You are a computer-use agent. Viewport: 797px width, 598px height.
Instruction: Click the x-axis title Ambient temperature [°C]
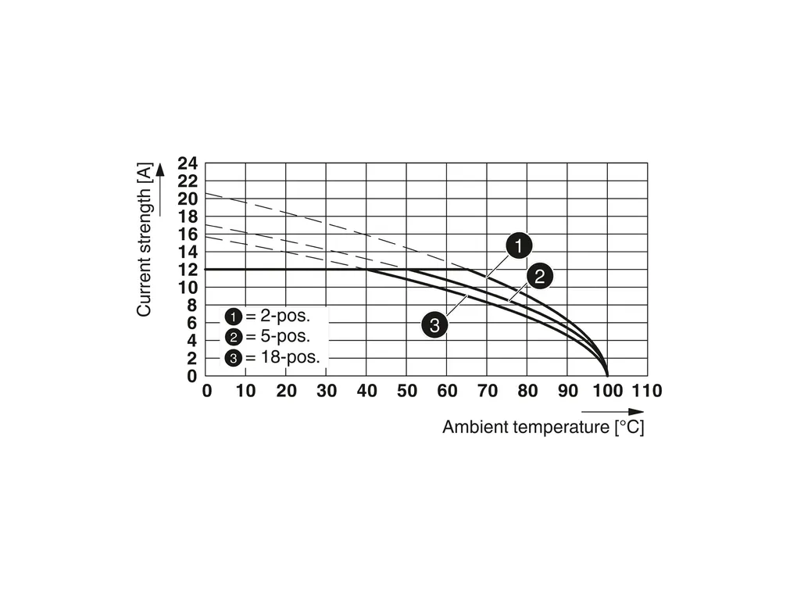[x=543, y=428]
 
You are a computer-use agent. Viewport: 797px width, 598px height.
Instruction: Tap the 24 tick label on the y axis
[x=188, y=163]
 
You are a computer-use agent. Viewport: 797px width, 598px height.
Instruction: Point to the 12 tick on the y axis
[x=188, y=270]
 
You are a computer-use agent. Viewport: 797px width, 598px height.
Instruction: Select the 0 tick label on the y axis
[x=192, y=376]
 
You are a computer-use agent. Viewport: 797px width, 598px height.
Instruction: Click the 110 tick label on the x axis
[x=646, y=391]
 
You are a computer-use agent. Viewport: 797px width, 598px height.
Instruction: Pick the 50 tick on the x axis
[x=406, y=391]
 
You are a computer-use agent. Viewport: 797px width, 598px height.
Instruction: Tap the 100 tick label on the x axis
[x=607, y=391]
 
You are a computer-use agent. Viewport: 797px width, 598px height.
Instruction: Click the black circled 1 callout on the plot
[x=517, y=246]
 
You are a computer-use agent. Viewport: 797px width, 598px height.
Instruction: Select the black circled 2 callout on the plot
[x=539, y=276]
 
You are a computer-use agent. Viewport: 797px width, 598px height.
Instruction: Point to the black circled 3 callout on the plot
[x=434, y=324]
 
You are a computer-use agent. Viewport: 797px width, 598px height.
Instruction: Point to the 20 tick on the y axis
[x=188, y=199]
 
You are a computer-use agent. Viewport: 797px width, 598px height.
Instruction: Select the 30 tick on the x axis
[x=327, y=391]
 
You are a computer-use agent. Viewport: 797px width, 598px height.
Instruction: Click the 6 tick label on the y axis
[x=192, y=323]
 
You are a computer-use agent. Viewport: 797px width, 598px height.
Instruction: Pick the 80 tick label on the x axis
[x=527, y=391]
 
